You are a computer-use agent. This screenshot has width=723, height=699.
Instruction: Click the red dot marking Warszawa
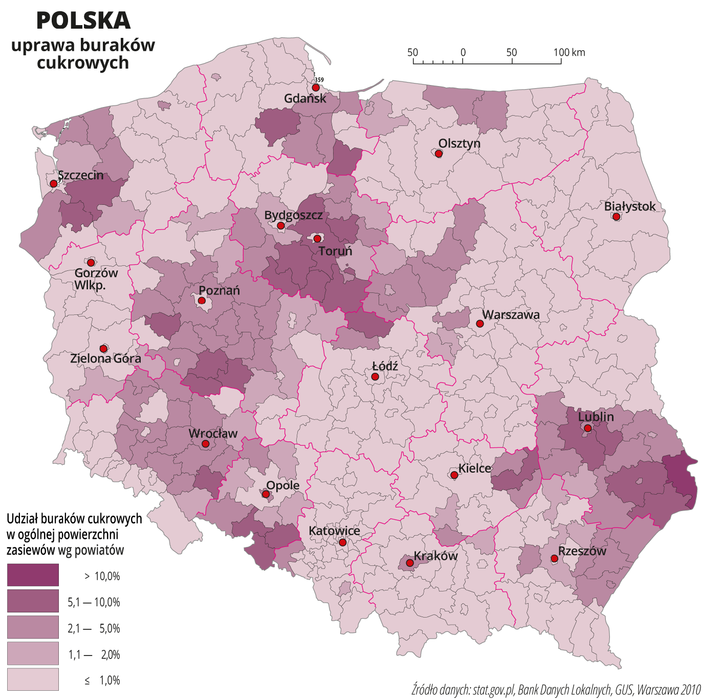(479, 324)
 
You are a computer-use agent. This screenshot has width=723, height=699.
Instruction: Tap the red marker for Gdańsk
(316, 88)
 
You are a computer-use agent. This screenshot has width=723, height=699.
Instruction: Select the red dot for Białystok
(617, 217)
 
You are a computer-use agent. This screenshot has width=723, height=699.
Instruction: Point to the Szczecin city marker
(53, 183)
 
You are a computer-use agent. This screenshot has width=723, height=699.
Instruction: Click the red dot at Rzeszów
(554, 558)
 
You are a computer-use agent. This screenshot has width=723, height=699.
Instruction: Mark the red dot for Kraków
(410, 563)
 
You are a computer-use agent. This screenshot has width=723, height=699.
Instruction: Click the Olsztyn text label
(459, 143)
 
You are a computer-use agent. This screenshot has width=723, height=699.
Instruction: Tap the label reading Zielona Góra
(105, 358)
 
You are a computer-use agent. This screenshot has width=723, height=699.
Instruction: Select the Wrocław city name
(213, 433)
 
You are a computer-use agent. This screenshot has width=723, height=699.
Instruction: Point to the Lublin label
(596, 417)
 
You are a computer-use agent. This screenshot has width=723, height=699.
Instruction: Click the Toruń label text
(336, 251)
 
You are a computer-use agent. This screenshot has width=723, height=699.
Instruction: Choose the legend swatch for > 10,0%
(33, 575)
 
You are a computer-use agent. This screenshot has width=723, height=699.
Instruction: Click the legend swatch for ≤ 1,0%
(33, 680)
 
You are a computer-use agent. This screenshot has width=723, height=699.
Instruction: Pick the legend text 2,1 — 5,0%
(94, 628)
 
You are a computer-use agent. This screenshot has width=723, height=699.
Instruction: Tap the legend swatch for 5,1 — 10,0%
(33, 601)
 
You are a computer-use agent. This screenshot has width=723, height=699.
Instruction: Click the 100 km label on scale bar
(569, 52)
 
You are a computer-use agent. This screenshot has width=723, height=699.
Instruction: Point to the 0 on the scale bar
(463, 52)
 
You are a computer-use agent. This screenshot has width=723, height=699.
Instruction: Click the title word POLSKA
(83, 21)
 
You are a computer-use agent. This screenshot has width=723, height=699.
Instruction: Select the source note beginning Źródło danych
(556, 689)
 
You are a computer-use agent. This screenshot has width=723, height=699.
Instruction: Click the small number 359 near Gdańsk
(319, 80)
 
